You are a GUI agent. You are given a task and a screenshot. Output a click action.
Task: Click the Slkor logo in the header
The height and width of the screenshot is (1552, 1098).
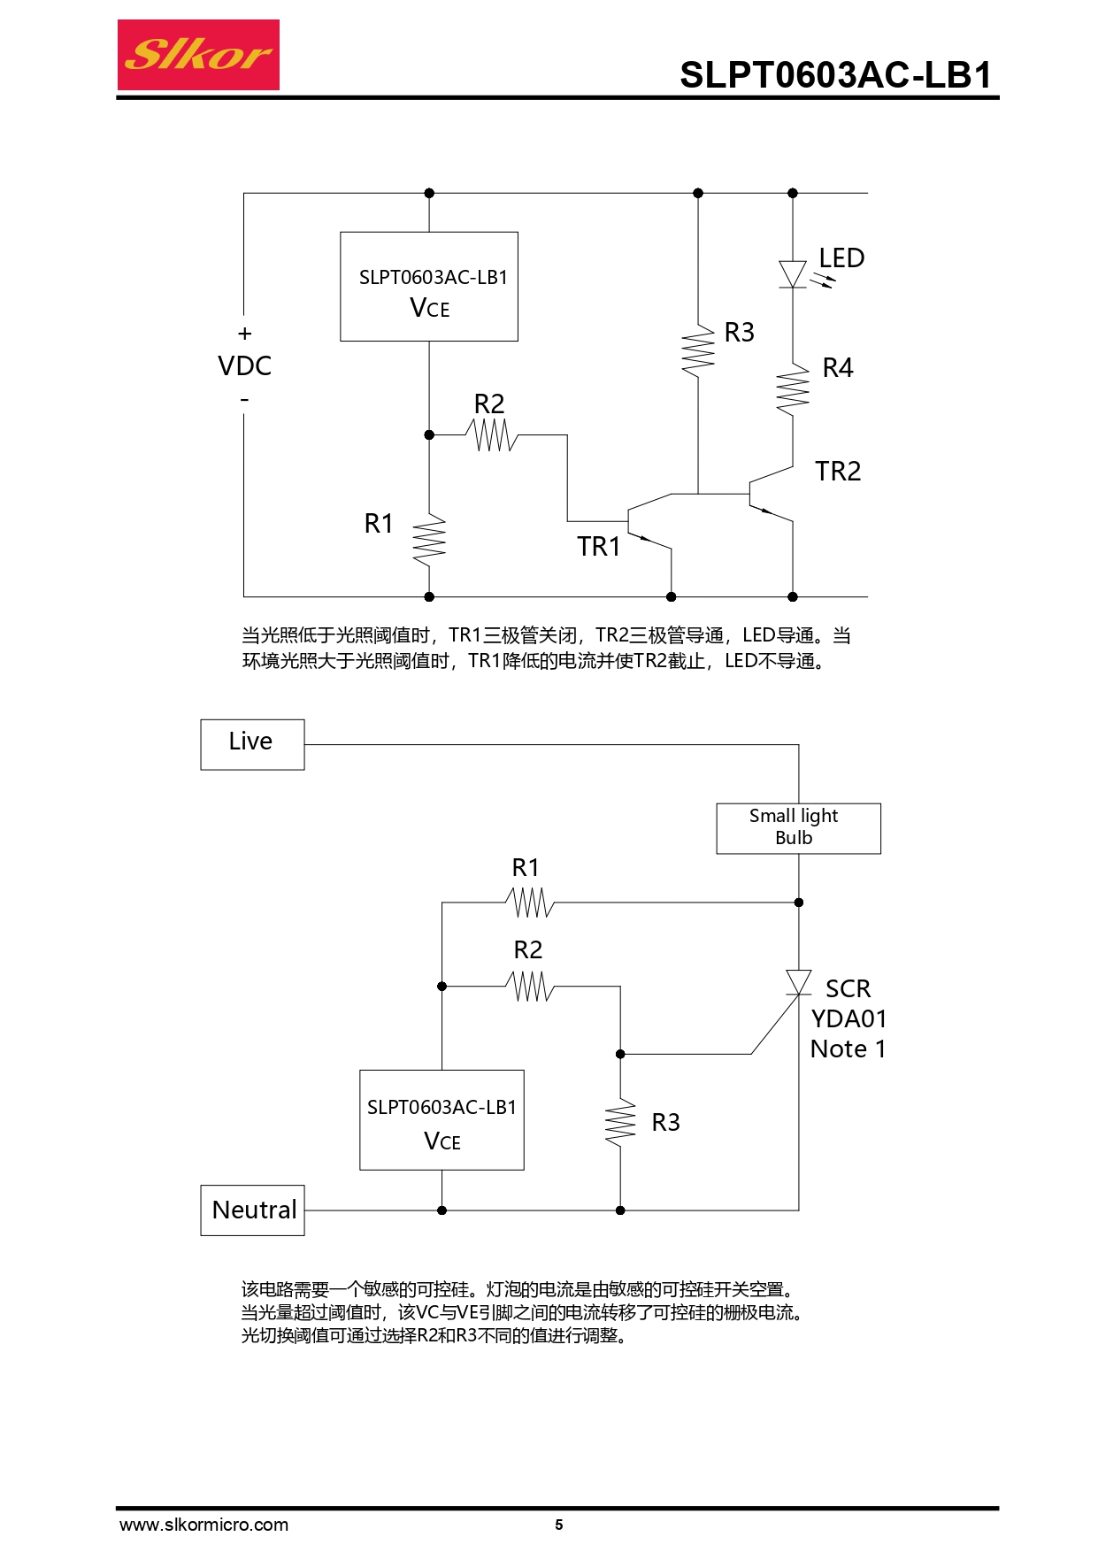198,55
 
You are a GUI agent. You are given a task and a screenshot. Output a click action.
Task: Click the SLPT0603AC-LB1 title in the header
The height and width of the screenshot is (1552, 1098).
835,75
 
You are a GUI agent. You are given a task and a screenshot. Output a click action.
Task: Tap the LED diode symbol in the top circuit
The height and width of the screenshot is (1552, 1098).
793,273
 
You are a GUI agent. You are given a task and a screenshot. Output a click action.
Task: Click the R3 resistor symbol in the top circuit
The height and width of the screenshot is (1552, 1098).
698,350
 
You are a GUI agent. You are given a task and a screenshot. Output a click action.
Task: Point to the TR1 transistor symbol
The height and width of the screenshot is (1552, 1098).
646,522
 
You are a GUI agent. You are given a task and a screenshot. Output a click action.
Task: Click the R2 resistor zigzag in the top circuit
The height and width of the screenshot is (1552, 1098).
492,435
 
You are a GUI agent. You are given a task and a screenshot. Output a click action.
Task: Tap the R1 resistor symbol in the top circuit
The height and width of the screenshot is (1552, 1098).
429,540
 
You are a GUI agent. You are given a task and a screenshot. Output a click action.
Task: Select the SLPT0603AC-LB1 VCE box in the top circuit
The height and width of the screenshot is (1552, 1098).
429,287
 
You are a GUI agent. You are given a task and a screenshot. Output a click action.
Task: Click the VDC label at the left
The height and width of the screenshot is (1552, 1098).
244,366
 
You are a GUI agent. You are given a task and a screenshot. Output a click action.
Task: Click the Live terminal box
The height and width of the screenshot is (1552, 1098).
252,744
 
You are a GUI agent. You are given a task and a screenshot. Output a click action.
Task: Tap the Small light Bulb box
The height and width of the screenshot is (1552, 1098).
798,828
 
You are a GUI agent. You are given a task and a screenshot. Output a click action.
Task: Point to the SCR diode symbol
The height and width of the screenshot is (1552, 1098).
799,982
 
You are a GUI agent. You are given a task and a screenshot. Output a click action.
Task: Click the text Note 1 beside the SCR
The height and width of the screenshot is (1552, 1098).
848,1049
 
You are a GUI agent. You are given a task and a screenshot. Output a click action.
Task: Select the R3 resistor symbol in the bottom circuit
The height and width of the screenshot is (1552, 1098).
620,1123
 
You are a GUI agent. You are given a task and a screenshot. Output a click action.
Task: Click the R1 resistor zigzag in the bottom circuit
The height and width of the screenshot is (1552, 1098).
530,903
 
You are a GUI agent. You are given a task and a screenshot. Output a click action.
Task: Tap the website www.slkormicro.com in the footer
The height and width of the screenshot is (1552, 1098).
203,1525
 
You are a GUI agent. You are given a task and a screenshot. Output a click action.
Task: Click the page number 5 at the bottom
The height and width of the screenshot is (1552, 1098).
558,1525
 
